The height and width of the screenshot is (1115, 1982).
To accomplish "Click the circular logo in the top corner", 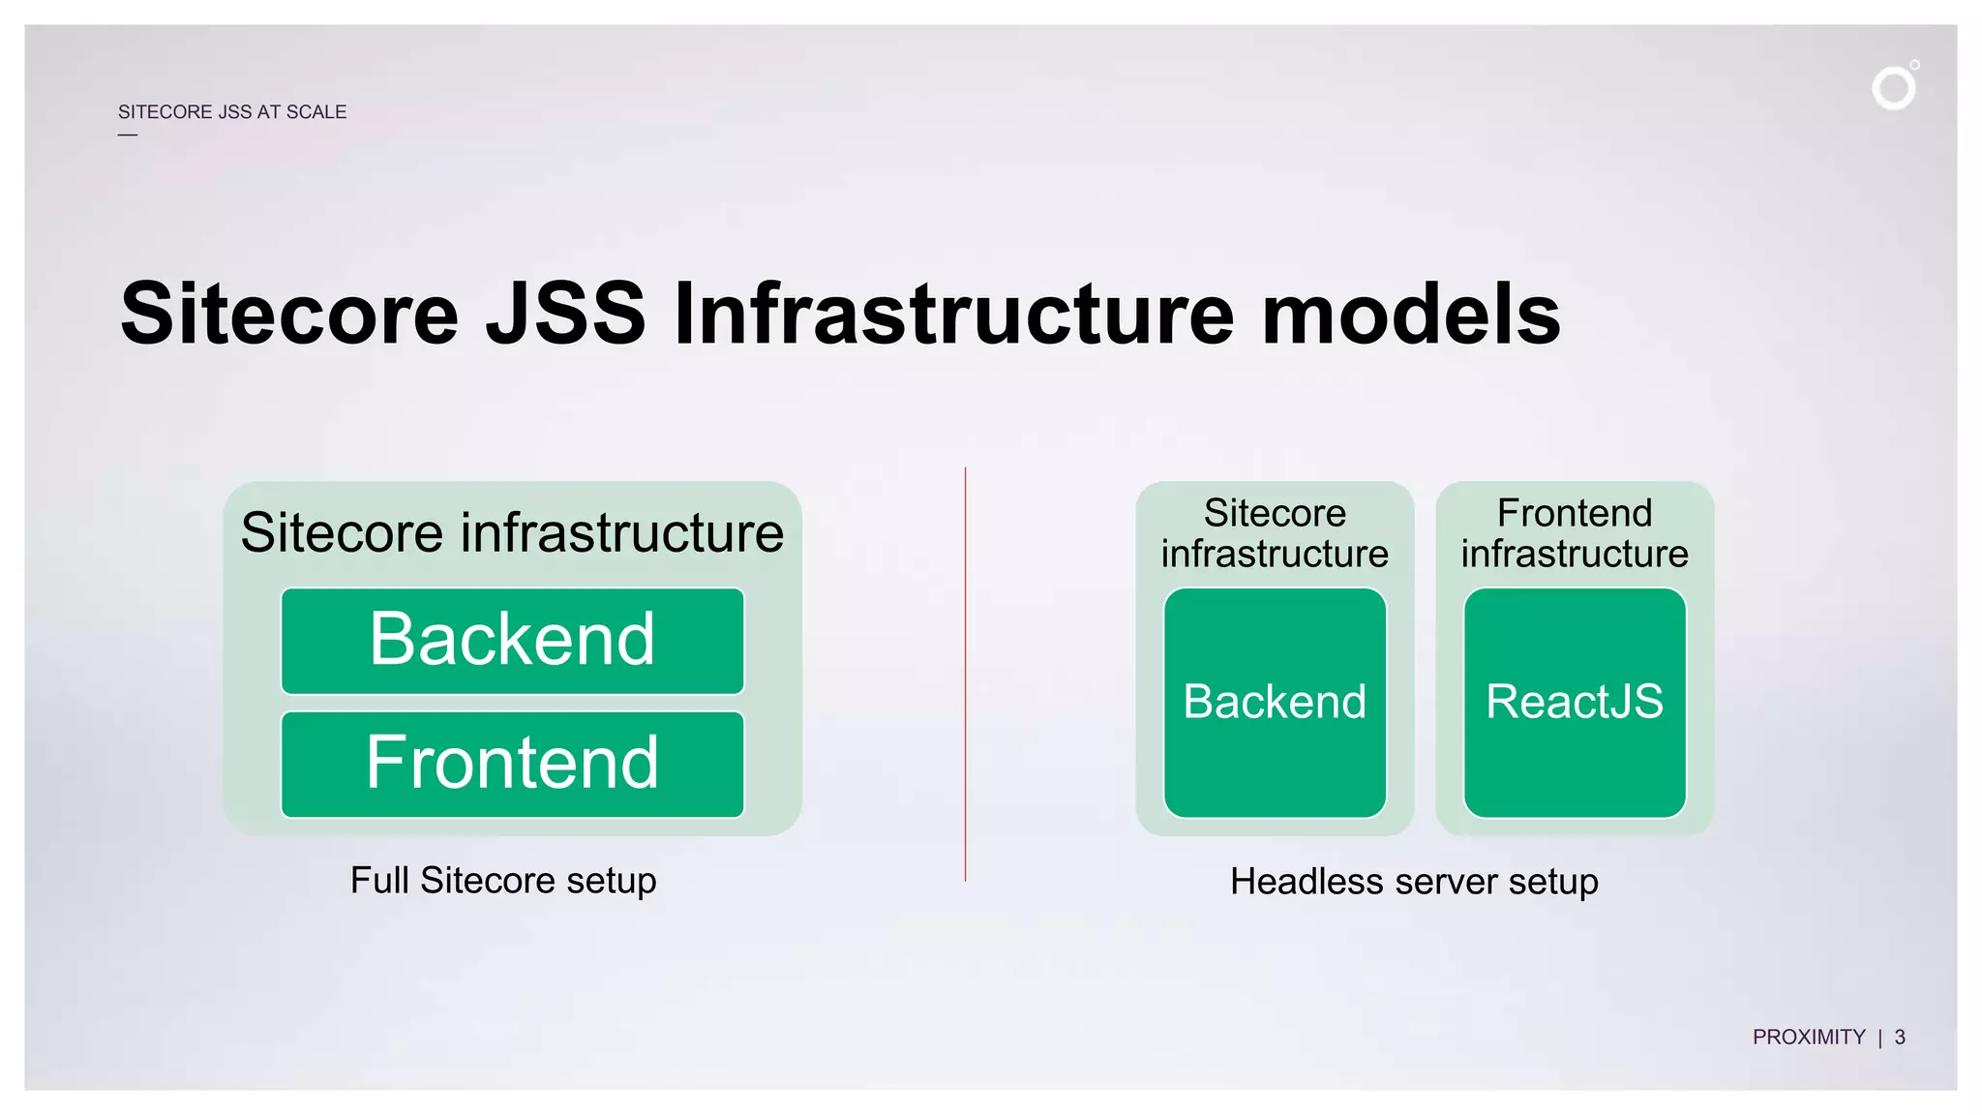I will pyautogui.click(x=1893, y=88).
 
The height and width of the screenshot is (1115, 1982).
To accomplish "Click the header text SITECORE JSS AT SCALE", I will pyautogui.click(x=232, y=112).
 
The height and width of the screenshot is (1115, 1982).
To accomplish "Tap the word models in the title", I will pyautogui.click(x=1411, y=314).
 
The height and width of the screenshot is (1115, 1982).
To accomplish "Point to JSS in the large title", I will pyautogui.click(x=565, y=314).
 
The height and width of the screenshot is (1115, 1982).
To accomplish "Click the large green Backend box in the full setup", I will pyautogui.click(x=512, y=641).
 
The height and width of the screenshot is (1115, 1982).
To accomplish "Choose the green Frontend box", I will pyautogui.click(x=512, y=764).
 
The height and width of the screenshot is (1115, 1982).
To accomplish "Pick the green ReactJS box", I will pyautogui.click(x=1575, y=702).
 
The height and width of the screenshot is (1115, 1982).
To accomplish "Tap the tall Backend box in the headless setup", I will pyautogui.click(x=1275, y=702).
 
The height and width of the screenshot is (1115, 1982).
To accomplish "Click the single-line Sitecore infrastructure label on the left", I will pyautogui.click(x=512, y=532).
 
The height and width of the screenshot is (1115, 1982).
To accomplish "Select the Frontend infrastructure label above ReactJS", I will pyautogui.click(x=1575, y=533).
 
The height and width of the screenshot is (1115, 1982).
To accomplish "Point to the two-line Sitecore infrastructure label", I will pyautogui.click(x=1275, y=533).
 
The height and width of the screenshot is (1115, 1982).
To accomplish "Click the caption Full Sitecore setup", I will pyautogui.click(x=503, y=881).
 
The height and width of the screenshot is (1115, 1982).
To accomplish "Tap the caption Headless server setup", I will pyautogui.click(x=1414, y=882).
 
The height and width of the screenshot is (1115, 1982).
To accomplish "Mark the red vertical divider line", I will pyautogui.click(x=965, y=678).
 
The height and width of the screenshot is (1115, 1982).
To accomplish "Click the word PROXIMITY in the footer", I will pyautogui.click(x=1808, y=1038).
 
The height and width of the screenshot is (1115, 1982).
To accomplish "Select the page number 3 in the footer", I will pyautogui.click(x=1900, y=1038).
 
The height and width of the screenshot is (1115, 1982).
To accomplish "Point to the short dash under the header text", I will pyautogui.click(x=128, y=135).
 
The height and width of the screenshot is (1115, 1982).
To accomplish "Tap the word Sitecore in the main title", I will pyautogui.click(x=288, y=314).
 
